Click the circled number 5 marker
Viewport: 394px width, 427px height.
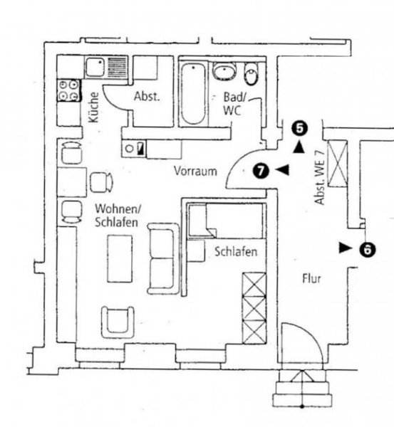(299, 129)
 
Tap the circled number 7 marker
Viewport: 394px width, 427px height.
(261, 170)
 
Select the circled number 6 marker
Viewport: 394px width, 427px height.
(367, 249)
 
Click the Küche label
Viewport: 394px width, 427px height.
(93, 109)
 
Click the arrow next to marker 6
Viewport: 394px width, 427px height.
(345, 248)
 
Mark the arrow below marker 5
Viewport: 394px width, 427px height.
(300, 147)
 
